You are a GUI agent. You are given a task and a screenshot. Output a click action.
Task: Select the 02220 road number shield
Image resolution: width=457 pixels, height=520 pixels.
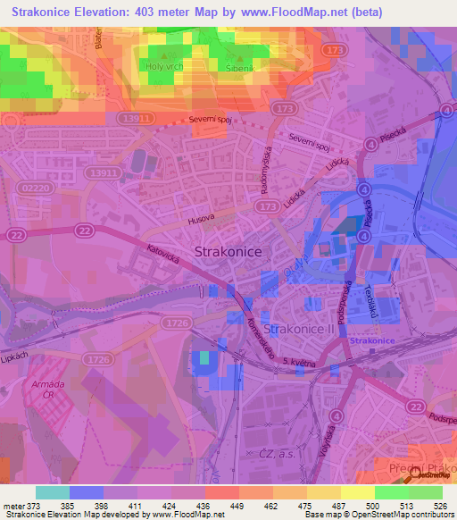pos(34,188)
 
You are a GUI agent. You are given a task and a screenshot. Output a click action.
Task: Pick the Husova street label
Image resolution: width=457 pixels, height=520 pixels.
pos(204,217)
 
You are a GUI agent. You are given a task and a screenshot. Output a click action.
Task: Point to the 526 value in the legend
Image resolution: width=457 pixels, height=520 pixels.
pos(440,506)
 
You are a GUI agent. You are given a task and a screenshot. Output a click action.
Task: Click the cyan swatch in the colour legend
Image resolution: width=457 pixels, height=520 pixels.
pos(52,492)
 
